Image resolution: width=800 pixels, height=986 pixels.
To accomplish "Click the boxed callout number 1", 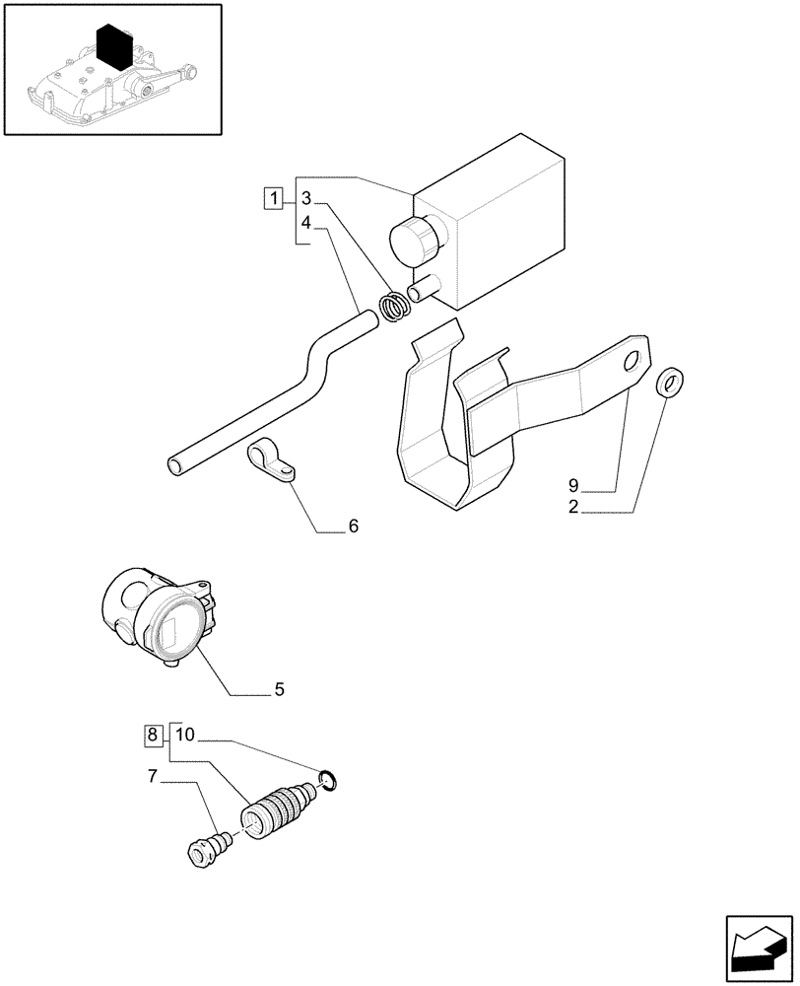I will click(x=273, y=197).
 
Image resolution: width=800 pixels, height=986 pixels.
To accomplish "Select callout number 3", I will click(x=306, y=197).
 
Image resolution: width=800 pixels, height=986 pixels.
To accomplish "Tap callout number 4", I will click(x=306, y=224).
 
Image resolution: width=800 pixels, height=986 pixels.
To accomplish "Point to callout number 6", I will click(x=353, y=527).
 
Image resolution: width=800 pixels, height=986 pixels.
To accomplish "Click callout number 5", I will click(x=279, y=690).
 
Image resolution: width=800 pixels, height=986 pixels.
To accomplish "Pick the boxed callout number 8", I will click(x=153, y=735).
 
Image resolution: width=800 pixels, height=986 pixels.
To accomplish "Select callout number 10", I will click(x=186, y=735).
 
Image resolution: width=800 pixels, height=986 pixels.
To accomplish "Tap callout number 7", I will click(x=153, y=778).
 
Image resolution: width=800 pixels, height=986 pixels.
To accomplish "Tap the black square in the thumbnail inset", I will click(x=116, y=46).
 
